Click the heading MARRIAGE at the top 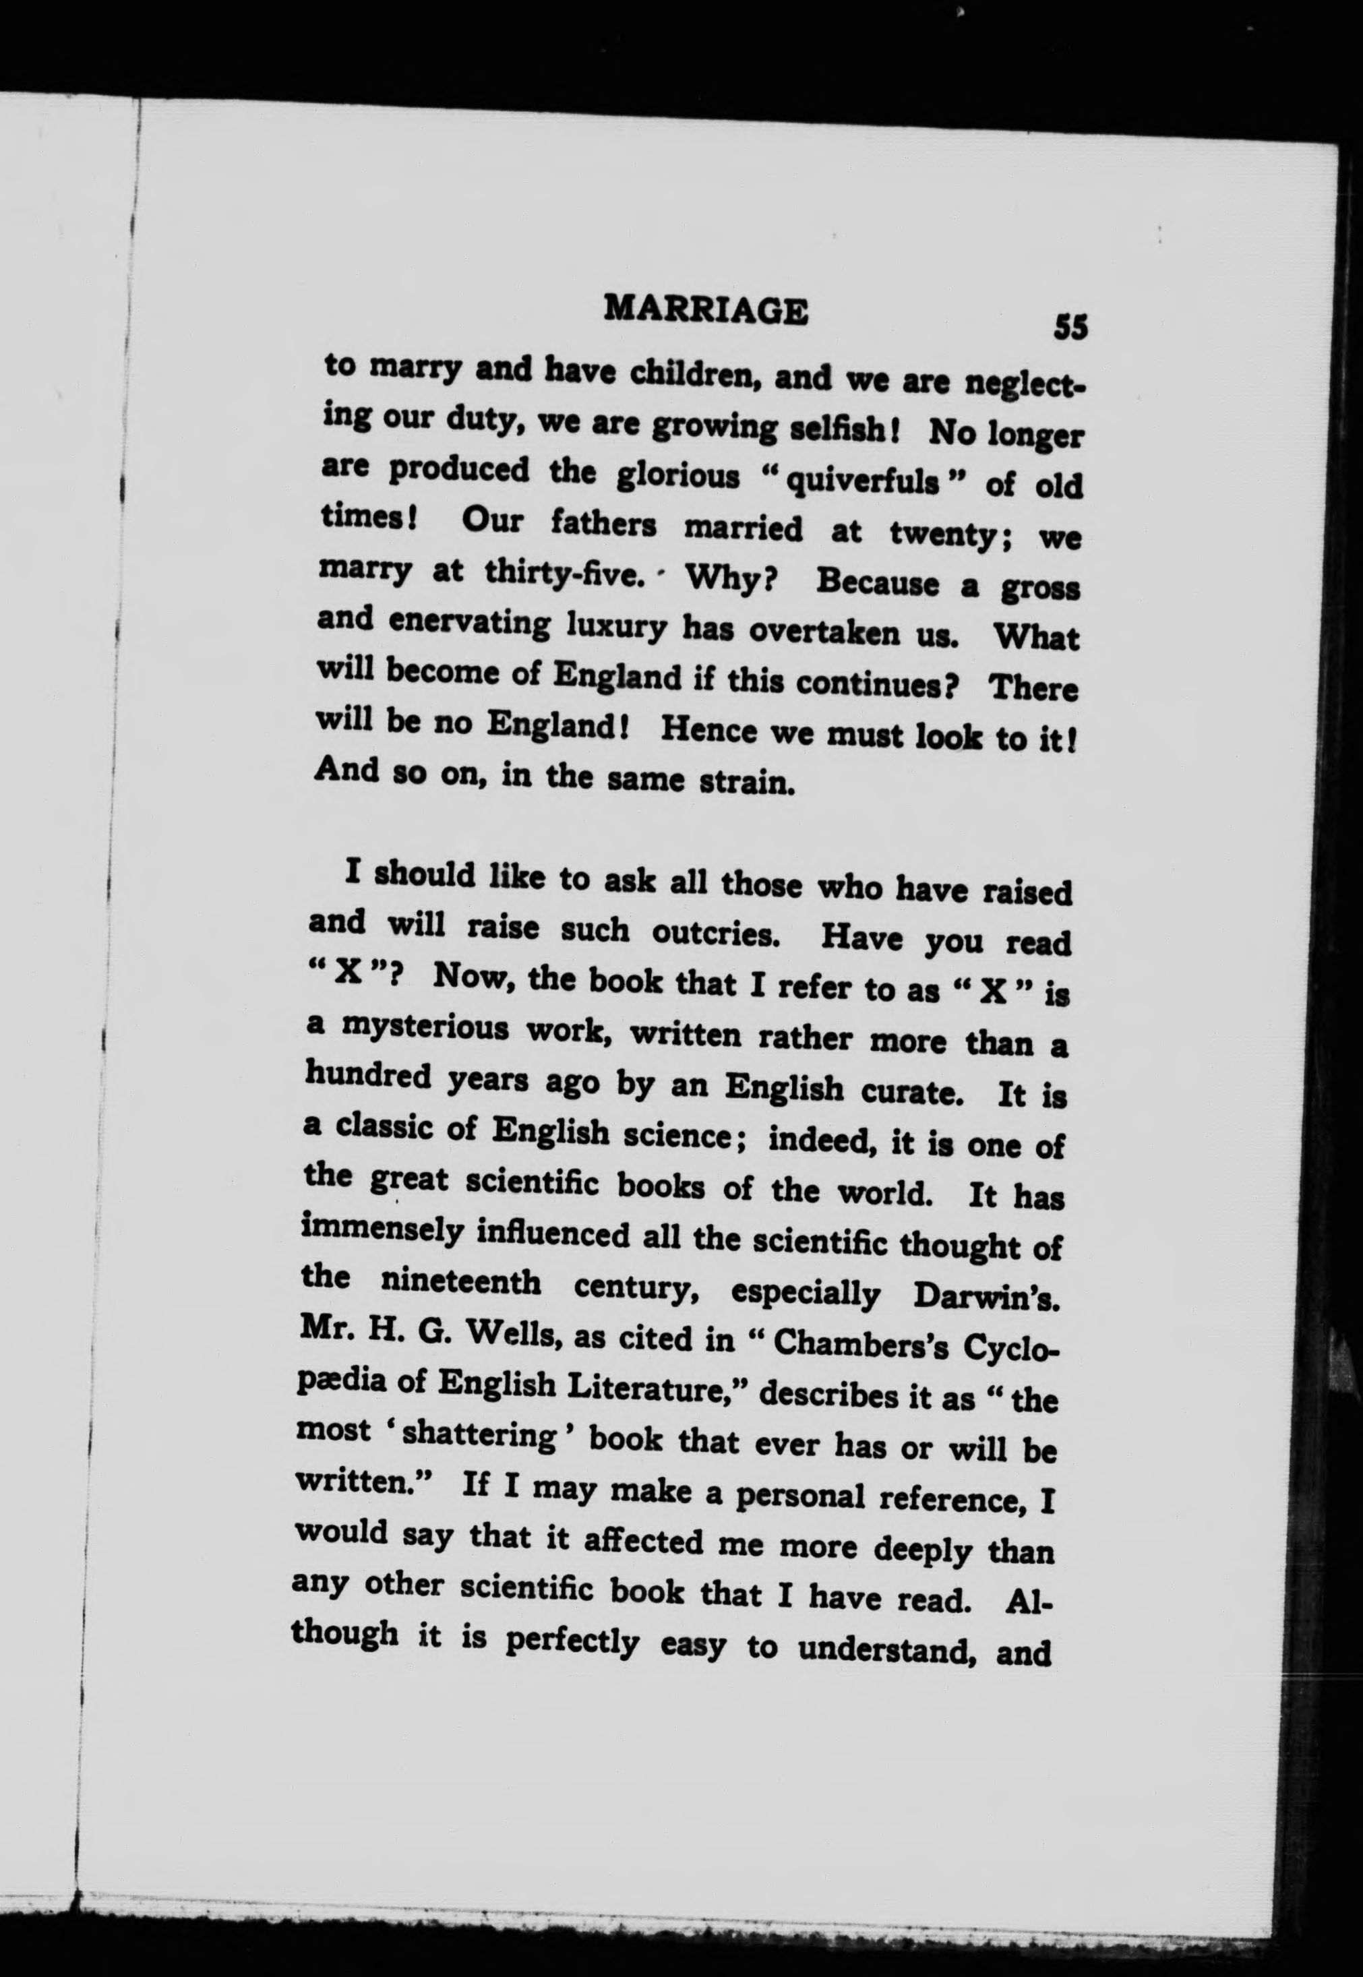pos(704,311)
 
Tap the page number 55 pos(1071,327)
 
